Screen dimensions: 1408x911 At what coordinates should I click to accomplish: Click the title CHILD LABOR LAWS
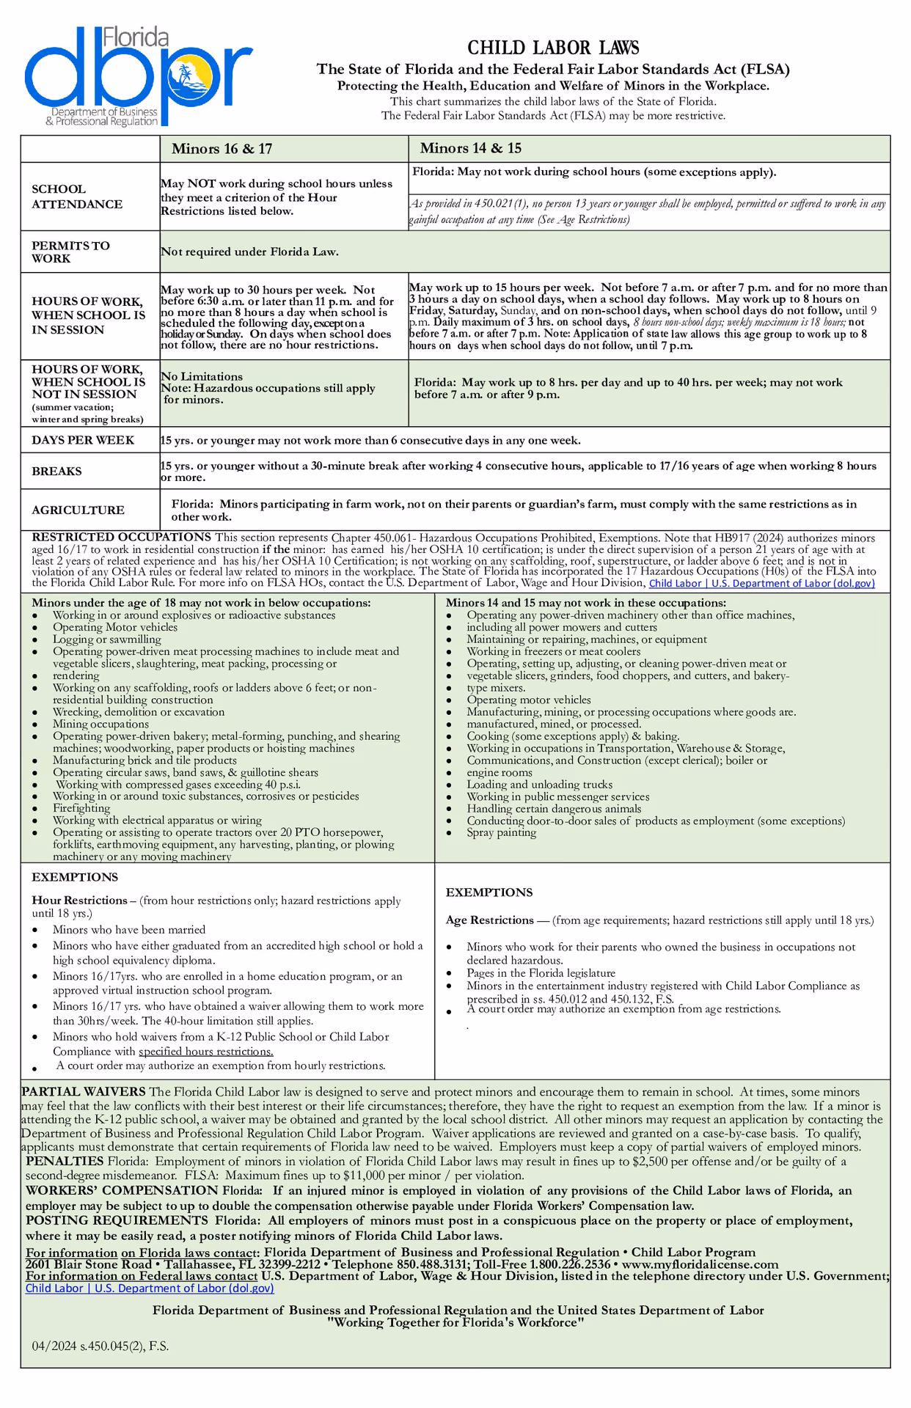(x=553, y=48)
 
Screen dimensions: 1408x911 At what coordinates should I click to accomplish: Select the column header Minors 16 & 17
(x=222, y=149)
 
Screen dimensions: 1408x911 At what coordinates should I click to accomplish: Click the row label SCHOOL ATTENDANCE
(x=76, y=197)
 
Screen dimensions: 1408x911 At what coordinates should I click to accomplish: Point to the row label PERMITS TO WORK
(x=70, y=252)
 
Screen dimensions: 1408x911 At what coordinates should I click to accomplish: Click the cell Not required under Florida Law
(x=249, y=252)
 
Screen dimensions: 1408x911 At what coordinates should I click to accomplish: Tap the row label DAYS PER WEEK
(x=83, y=440)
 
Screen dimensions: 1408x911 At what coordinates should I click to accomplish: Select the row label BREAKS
(x=56, y=472)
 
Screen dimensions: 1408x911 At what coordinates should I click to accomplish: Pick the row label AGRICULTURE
(x=78, y=510)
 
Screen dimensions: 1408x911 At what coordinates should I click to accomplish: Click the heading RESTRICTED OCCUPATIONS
(x=121, y=538)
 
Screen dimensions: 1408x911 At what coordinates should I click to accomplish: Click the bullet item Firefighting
(x=81, y=808)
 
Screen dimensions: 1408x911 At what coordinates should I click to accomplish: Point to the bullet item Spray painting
(x=501, y=832)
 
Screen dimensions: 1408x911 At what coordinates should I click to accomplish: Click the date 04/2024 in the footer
(x=55, y=1346)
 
